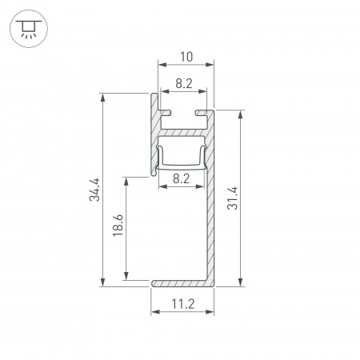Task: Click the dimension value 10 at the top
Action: (186, 57)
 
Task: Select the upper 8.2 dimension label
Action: (184, 84)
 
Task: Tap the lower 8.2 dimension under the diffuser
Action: (182, 178)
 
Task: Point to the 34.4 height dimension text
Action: (94, 190)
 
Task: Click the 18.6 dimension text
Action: (118, 226)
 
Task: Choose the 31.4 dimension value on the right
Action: (232, 198)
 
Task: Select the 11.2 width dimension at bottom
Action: (183, 304)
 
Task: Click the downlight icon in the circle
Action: (29, 29)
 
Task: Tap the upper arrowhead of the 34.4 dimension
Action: (103, 98)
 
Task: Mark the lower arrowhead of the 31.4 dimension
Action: (241, 282)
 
